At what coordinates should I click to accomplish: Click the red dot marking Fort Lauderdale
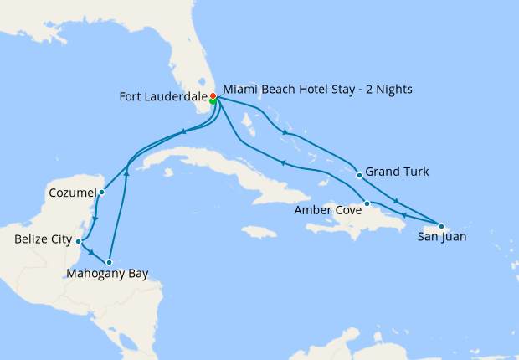[x=213, y=96]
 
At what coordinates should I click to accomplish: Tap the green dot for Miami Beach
[x=213, y=101]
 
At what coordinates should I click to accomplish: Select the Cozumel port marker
[x=101, y=192]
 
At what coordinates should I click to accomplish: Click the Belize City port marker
[x=79, y=241]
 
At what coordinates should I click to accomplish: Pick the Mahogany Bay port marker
[x=109, y=262]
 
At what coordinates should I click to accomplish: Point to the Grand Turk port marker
[x=359, y=175]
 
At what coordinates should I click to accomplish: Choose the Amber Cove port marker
[x=367, y=203]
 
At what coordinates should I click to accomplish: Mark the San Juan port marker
[x=441, y=226]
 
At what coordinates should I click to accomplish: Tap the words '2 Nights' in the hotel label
[x=389, y=89]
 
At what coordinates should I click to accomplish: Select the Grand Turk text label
[x=398, y=172]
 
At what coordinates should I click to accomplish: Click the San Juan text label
[x=443, y=238]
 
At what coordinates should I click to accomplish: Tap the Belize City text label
[x=42, y=240]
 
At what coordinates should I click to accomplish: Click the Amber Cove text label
[x=327, y=211]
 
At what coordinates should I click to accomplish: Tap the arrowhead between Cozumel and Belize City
[x=96, y=219]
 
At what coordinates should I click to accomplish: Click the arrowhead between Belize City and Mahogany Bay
[x=91, y=251]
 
